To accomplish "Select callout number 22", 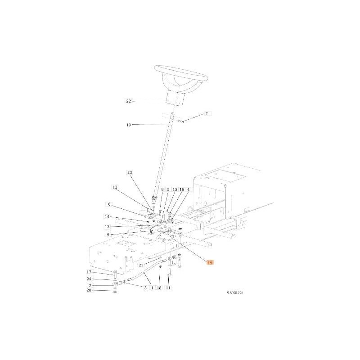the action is point(129,101).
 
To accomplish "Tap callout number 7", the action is point(207,113).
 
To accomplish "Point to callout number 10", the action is point(129,125).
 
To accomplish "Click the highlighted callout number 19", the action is point(210,263).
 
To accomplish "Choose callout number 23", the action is point(130,172).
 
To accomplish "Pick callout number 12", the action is point(115,187).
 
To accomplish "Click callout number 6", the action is point(109,204).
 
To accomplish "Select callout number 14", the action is point(107,217).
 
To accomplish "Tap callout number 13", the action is point(107,227).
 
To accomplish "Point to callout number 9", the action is point(108,235).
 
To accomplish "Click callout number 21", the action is point(141,265).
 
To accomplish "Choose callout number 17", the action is point(89,272).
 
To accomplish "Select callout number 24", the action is point(89,279).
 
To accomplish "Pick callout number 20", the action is point(89,290).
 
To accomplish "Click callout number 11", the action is point(168,288).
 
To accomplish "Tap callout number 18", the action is point(159,288).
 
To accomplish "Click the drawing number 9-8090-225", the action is point(235,293).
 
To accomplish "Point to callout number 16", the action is point(182,189).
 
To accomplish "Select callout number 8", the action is point(162,189).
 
